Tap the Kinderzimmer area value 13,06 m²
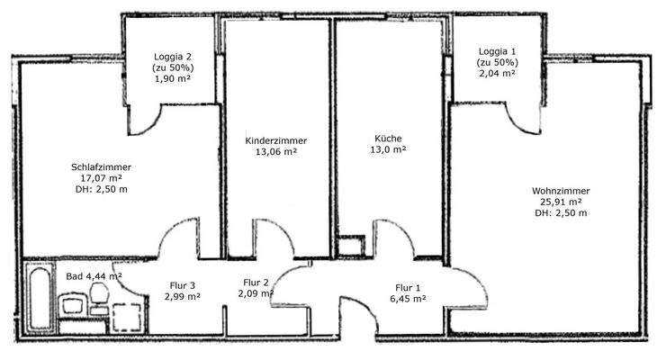pos(276,152)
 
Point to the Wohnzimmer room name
pos(560,191)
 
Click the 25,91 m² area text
pos(560,202)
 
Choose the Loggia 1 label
pos(498,51)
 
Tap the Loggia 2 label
pos(175,56)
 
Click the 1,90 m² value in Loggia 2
pos(175,78)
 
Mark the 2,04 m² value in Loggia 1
pos(498,74)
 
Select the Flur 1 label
pos(407,288)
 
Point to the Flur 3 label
pos(182,286)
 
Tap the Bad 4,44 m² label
pos(94,275)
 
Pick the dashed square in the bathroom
pos(127,314)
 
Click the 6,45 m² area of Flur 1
pos(407,300)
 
